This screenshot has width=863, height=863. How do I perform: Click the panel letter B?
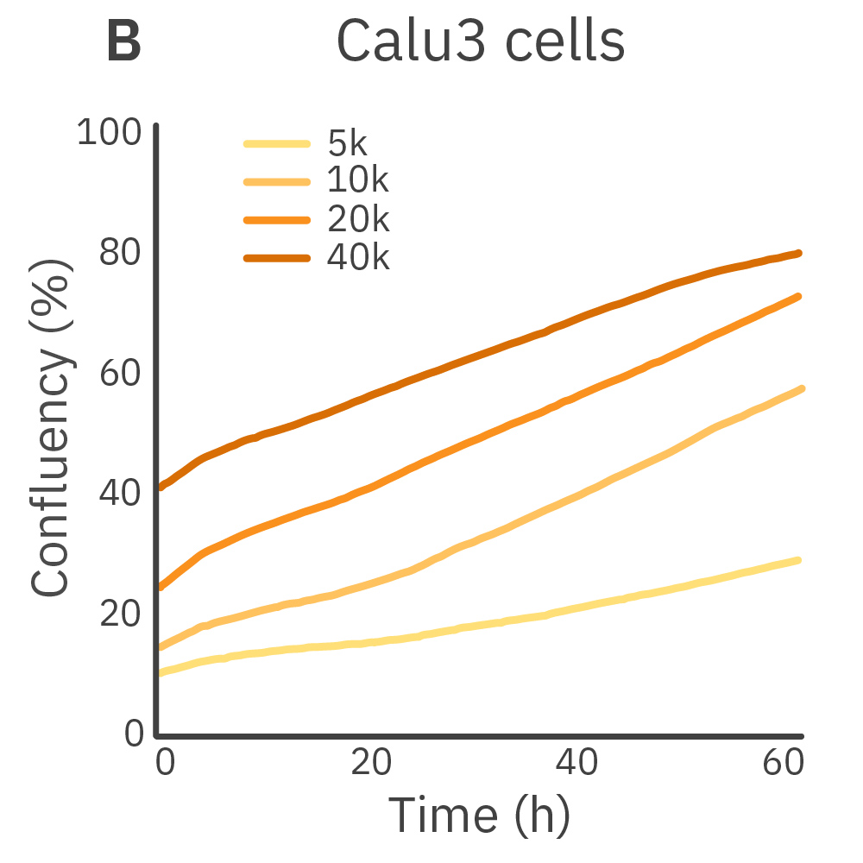(x=123, y=41)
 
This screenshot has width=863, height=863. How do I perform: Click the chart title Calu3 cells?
(x=480, y=41)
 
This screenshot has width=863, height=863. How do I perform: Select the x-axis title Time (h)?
(x=479, y=813)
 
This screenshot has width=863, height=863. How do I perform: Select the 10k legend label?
(x=358, y=181)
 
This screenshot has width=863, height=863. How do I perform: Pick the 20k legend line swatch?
(x=276, y=220)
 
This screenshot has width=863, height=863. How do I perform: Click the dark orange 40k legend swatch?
(x=276, y=257)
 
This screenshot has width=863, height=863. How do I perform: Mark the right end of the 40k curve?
(x=799, y=253)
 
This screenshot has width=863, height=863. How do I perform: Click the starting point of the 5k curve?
(x=159, y=672)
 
